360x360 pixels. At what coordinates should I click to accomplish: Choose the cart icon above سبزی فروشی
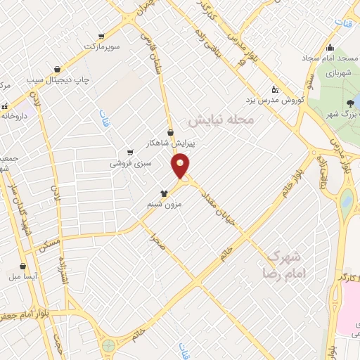click(x=129, y=152)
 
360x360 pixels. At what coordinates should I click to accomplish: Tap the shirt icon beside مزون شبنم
click(x=164, y=192)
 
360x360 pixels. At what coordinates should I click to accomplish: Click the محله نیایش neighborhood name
click(x=226, y=120)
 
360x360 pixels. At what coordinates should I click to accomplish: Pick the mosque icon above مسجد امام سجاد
click(x=330, y=48)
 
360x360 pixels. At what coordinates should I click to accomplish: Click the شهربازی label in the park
click(x=335, y=73)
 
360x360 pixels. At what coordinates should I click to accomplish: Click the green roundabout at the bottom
click(x=108, y=346)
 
